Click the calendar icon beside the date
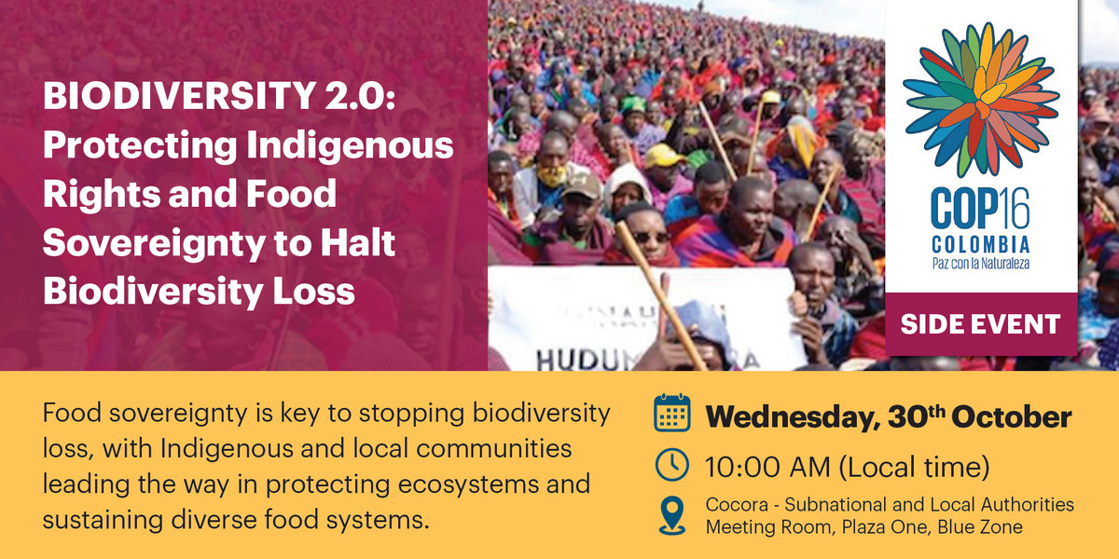671,416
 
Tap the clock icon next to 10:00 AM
671,464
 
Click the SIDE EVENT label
980,324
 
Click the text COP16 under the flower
980,212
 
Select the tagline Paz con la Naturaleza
980,264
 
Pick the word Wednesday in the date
788,416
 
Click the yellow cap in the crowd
665,155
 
